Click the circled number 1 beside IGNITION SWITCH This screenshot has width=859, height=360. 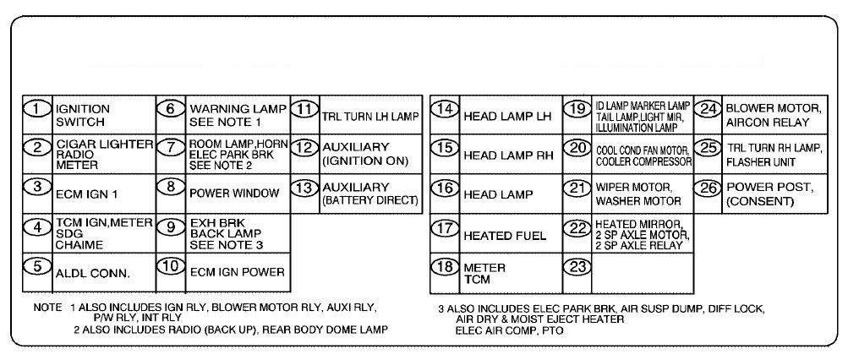pos(37,109)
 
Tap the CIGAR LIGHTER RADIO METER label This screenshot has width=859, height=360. pos(103,154)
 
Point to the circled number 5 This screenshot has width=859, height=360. pos(37,265)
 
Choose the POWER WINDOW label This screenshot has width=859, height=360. pos(234,193)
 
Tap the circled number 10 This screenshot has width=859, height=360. pos(171,265)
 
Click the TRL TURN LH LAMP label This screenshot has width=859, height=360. pos(370,116)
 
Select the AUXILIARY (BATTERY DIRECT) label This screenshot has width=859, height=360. pos(370,193)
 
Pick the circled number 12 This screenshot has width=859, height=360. pos(304,147)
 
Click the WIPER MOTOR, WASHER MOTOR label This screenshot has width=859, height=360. pos(637,194)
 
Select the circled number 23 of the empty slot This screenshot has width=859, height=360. pos(578,265)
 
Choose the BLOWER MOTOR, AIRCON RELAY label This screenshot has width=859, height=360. pos(773,116)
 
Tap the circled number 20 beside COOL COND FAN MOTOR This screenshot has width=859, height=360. pos(578,147)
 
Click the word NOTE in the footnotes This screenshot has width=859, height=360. pos(48,308)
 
